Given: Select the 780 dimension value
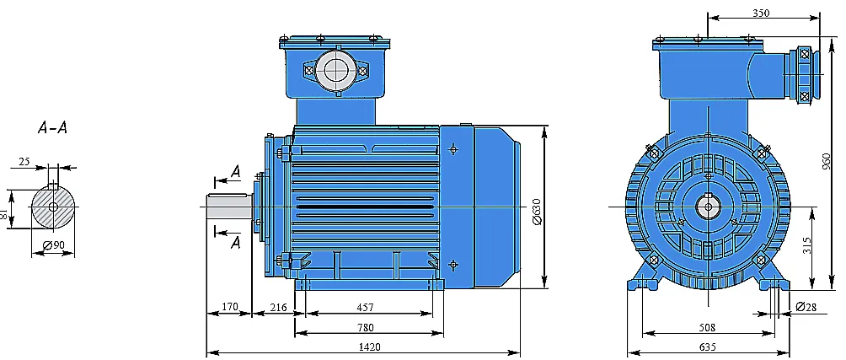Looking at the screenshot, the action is coord(365,327).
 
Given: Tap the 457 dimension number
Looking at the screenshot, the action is coord(365,307).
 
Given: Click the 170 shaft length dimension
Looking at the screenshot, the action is coord(230,307).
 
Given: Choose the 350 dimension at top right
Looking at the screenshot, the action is coord(761,13).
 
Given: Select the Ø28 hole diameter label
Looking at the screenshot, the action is coord(806,307).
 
